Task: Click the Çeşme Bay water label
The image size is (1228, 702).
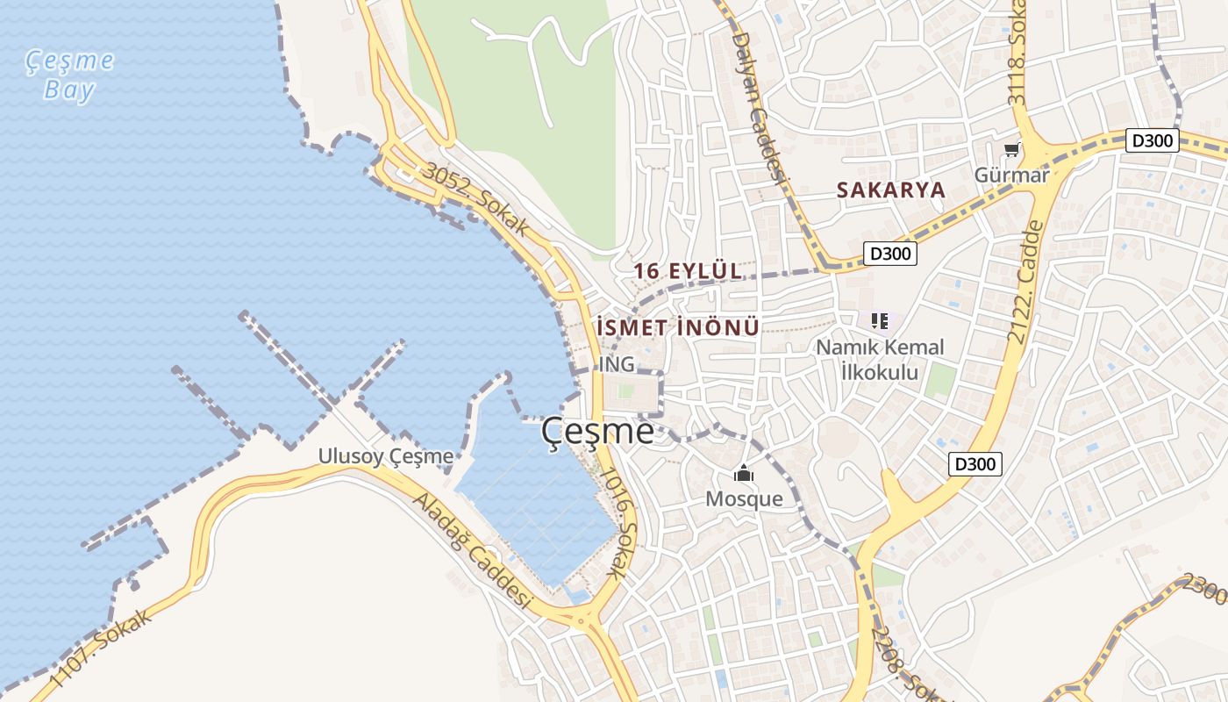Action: [x=69, y=75]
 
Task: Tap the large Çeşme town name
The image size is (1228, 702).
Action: [x=597, y=431]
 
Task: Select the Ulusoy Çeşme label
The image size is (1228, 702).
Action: [x=386, y=456]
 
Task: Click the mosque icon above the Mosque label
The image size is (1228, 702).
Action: [x=744, y=475]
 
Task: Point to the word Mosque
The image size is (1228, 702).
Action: [x=744, y=499]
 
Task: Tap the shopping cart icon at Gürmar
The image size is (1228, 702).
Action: [x=1012, y=150]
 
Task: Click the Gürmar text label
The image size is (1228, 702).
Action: [x=1011, y=175]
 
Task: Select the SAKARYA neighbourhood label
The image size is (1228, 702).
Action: [x=890, y=190]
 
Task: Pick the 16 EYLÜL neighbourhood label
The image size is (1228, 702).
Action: [x=689, y=271]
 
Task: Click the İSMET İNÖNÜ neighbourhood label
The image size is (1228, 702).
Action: [x=677, y=327]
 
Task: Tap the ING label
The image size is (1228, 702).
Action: [x=617, y=363]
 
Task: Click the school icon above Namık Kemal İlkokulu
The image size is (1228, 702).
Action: [x=880, y=321]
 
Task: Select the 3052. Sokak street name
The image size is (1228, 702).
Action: [x=475, y=199]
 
